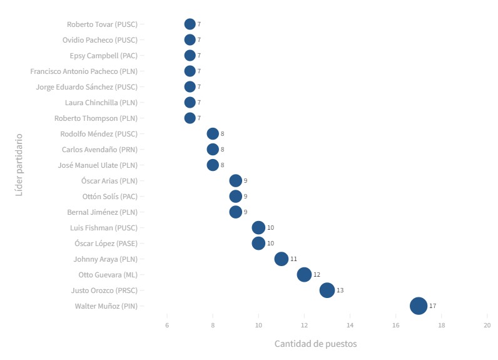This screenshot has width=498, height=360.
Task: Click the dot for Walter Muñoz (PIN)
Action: (x=419, y=306)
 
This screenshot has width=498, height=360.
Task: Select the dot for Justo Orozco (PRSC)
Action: (x=327, y=291)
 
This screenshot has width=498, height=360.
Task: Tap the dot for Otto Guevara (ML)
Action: (x=304, y=275)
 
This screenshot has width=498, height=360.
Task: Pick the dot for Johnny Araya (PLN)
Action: (x=282, y=259)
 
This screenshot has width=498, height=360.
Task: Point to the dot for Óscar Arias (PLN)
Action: (x=236, y=181)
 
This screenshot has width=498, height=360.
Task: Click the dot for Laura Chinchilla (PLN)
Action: (x=190, y=103)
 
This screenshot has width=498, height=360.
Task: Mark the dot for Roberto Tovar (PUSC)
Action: (x=190, y=24)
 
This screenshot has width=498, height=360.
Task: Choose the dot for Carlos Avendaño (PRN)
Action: (x=213, y=150)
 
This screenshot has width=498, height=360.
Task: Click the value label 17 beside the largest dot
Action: (x=432, y=306)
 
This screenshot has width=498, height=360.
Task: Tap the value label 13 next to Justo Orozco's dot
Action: (x=340, y=291)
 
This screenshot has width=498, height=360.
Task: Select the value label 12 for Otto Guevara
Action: (x=317, y=275)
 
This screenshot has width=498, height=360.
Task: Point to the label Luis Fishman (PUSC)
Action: (x=104, y=228)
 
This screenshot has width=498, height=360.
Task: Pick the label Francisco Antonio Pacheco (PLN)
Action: (x=84, y=71)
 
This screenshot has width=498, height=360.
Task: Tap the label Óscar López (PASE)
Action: (x=106, y=244)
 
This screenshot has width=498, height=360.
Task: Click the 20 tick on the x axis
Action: (x=487, y=325)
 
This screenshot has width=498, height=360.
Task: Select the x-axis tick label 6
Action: (x=167, y=325)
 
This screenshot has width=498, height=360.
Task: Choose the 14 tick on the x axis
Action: (x=350, y=325)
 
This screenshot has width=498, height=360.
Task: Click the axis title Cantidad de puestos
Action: (x=315, y=344)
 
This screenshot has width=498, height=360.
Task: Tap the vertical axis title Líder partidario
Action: (x=19, y=164)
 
